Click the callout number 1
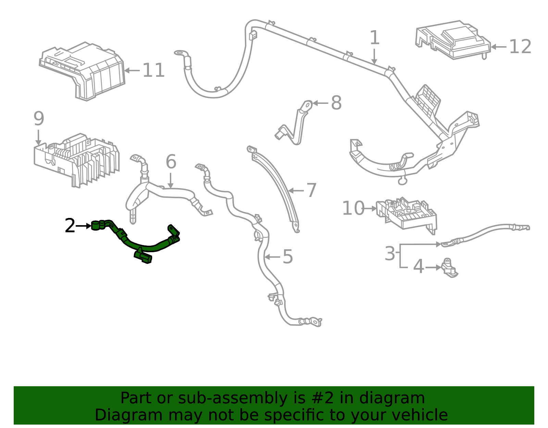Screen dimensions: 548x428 tap(374, 38)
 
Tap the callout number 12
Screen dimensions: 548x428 tap(520, 47)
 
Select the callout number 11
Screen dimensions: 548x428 tap(153, 70)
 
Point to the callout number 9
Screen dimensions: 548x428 tap(39, 119)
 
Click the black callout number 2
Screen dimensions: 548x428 tap(70, 226)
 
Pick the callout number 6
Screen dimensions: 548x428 tap(171, 162)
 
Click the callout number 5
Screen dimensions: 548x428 tap(288, 257)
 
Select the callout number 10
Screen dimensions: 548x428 tap(353, 208)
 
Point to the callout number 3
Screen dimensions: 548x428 tap(390, 254)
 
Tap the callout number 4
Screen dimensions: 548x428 tap(419, 267)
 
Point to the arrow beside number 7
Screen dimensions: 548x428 tap(296, 191)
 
